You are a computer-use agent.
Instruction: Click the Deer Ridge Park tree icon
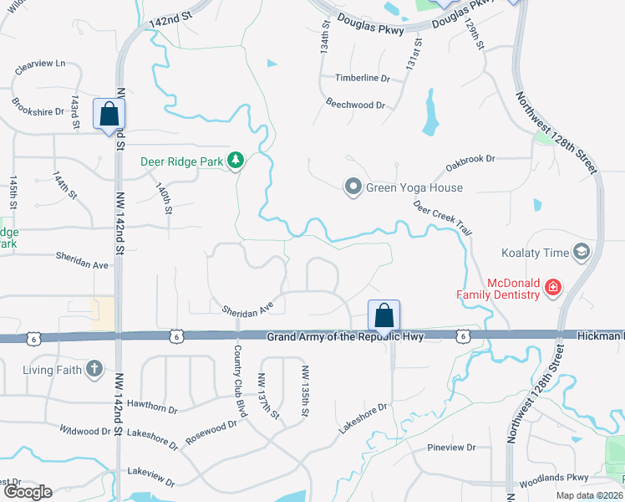click(x=237, y=160)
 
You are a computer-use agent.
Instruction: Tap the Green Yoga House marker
click(x=353, y=187)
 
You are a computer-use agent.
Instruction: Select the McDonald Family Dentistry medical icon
click(x=552, y=288)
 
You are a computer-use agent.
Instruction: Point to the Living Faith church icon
click(x=94, y=368)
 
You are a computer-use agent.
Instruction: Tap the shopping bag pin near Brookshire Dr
click(x=109, y=116)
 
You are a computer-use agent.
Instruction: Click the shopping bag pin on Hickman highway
click(x=384, y=316)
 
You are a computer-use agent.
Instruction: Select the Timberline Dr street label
click(x=363, y=78)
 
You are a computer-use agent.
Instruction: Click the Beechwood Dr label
click(x=355, y=105)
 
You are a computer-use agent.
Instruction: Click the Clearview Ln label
click(x=38, y=64)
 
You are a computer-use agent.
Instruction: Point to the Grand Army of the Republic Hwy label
click(x=345, y=336)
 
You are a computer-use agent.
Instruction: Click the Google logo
click(x=28, y=492)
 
